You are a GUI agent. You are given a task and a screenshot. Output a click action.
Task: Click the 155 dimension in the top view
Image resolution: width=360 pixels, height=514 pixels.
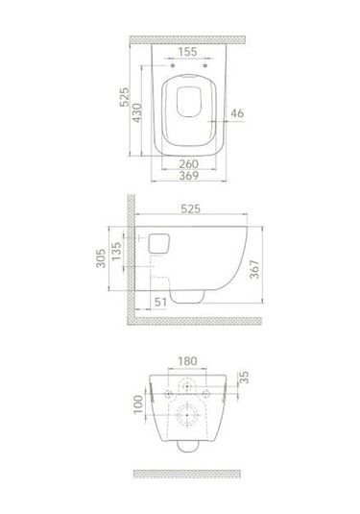188,52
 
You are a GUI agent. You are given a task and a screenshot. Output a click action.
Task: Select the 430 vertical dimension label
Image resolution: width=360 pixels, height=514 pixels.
137,112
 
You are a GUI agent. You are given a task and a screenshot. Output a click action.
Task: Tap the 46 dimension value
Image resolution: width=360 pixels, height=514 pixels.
237,113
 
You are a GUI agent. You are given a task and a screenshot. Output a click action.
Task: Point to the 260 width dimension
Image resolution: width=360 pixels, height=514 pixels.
189,163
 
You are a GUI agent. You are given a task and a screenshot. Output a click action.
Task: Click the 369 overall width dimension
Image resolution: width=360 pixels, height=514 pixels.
189,176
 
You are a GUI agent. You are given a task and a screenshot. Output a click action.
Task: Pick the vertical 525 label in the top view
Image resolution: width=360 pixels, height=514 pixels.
124,97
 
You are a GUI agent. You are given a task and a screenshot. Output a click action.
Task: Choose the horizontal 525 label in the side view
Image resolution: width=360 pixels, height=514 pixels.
190,208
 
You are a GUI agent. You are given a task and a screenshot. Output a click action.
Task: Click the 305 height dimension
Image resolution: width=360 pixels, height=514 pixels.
101,258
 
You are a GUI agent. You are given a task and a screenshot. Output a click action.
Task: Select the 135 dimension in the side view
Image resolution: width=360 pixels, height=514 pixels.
116,252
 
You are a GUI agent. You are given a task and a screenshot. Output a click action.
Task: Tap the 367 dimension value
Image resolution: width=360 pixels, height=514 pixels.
254,269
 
